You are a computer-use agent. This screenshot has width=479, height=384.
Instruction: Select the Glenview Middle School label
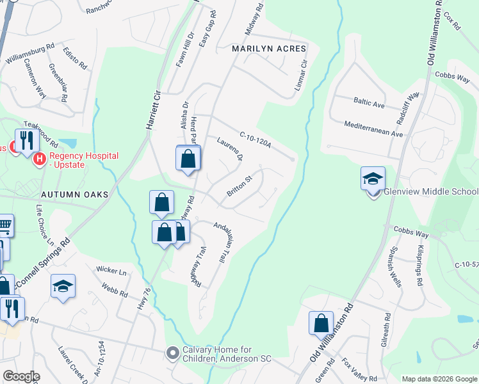coord(430,192)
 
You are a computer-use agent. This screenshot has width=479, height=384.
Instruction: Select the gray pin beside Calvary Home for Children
coord(172,353)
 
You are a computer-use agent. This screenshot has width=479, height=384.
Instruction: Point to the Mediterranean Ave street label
coord(373,130)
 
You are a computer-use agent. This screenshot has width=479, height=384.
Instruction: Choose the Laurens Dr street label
coord(231,148)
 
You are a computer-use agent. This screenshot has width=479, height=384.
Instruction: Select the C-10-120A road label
coord(256,140)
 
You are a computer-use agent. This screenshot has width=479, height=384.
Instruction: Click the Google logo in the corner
coord(21,376)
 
